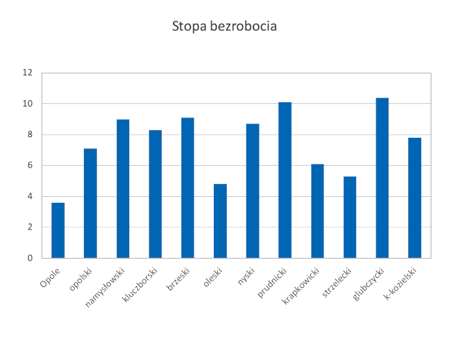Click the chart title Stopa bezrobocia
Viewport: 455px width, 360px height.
224,27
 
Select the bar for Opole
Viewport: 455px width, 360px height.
58,230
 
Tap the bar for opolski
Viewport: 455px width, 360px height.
90,203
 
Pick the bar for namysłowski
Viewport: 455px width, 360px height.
123,188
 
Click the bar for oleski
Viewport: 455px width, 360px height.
220,221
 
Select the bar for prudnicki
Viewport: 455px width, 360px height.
285,180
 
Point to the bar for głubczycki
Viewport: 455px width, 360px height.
382,178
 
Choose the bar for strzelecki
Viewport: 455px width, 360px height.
350,217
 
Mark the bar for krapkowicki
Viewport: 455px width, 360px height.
317,211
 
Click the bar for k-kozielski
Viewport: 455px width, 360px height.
415,198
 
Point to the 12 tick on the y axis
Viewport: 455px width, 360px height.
27,73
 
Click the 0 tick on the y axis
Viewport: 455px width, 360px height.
30,258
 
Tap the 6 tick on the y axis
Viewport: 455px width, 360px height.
30,166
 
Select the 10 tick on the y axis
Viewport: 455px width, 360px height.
27,104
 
